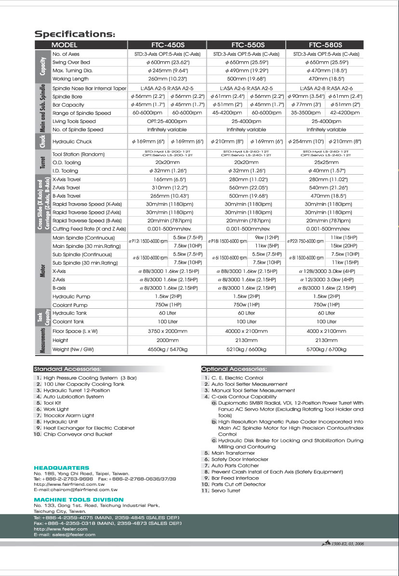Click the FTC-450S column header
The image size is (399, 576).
click(166, 45)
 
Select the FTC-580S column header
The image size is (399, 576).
click(325, 45)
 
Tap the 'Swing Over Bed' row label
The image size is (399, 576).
click(71, 63)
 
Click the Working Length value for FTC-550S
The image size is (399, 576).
click(246, 79)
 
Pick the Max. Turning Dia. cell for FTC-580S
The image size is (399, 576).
click(326, 70)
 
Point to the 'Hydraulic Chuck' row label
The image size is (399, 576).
click(72, 142)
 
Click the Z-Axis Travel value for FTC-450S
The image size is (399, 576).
click(167, 188)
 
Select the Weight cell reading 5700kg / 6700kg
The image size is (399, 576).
click(326, 349)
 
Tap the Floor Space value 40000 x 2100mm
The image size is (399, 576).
click(246, 331)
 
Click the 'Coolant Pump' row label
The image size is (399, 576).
click(70, 305)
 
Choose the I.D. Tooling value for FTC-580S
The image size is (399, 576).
click(326, 171)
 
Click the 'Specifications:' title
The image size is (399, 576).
click(75, 34)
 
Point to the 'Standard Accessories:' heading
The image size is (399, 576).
click(67, 369)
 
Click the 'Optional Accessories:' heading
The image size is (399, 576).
click(234, 369)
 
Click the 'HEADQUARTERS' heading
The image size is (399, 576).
click(61, 468)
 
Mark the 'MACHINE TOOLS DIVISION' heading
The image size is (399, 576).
click(72, 500)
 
